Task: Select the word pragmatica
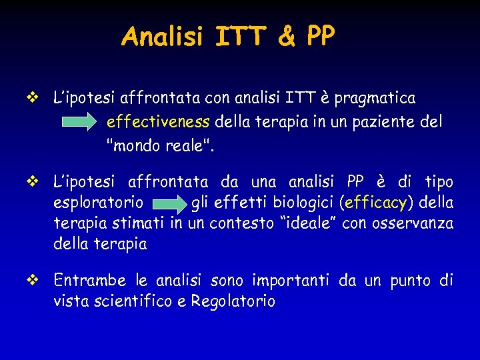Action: [x=375, y=99]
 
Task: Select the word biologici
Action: [x=302, y=201]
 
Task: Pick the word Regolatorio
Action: [x=233, y=301]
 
